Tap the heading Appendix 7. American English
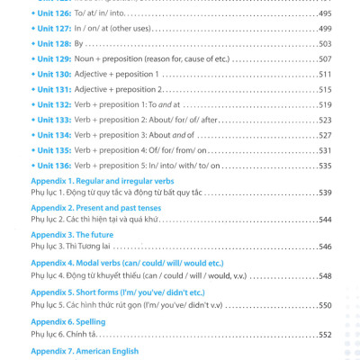click(x=85, y=351)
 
